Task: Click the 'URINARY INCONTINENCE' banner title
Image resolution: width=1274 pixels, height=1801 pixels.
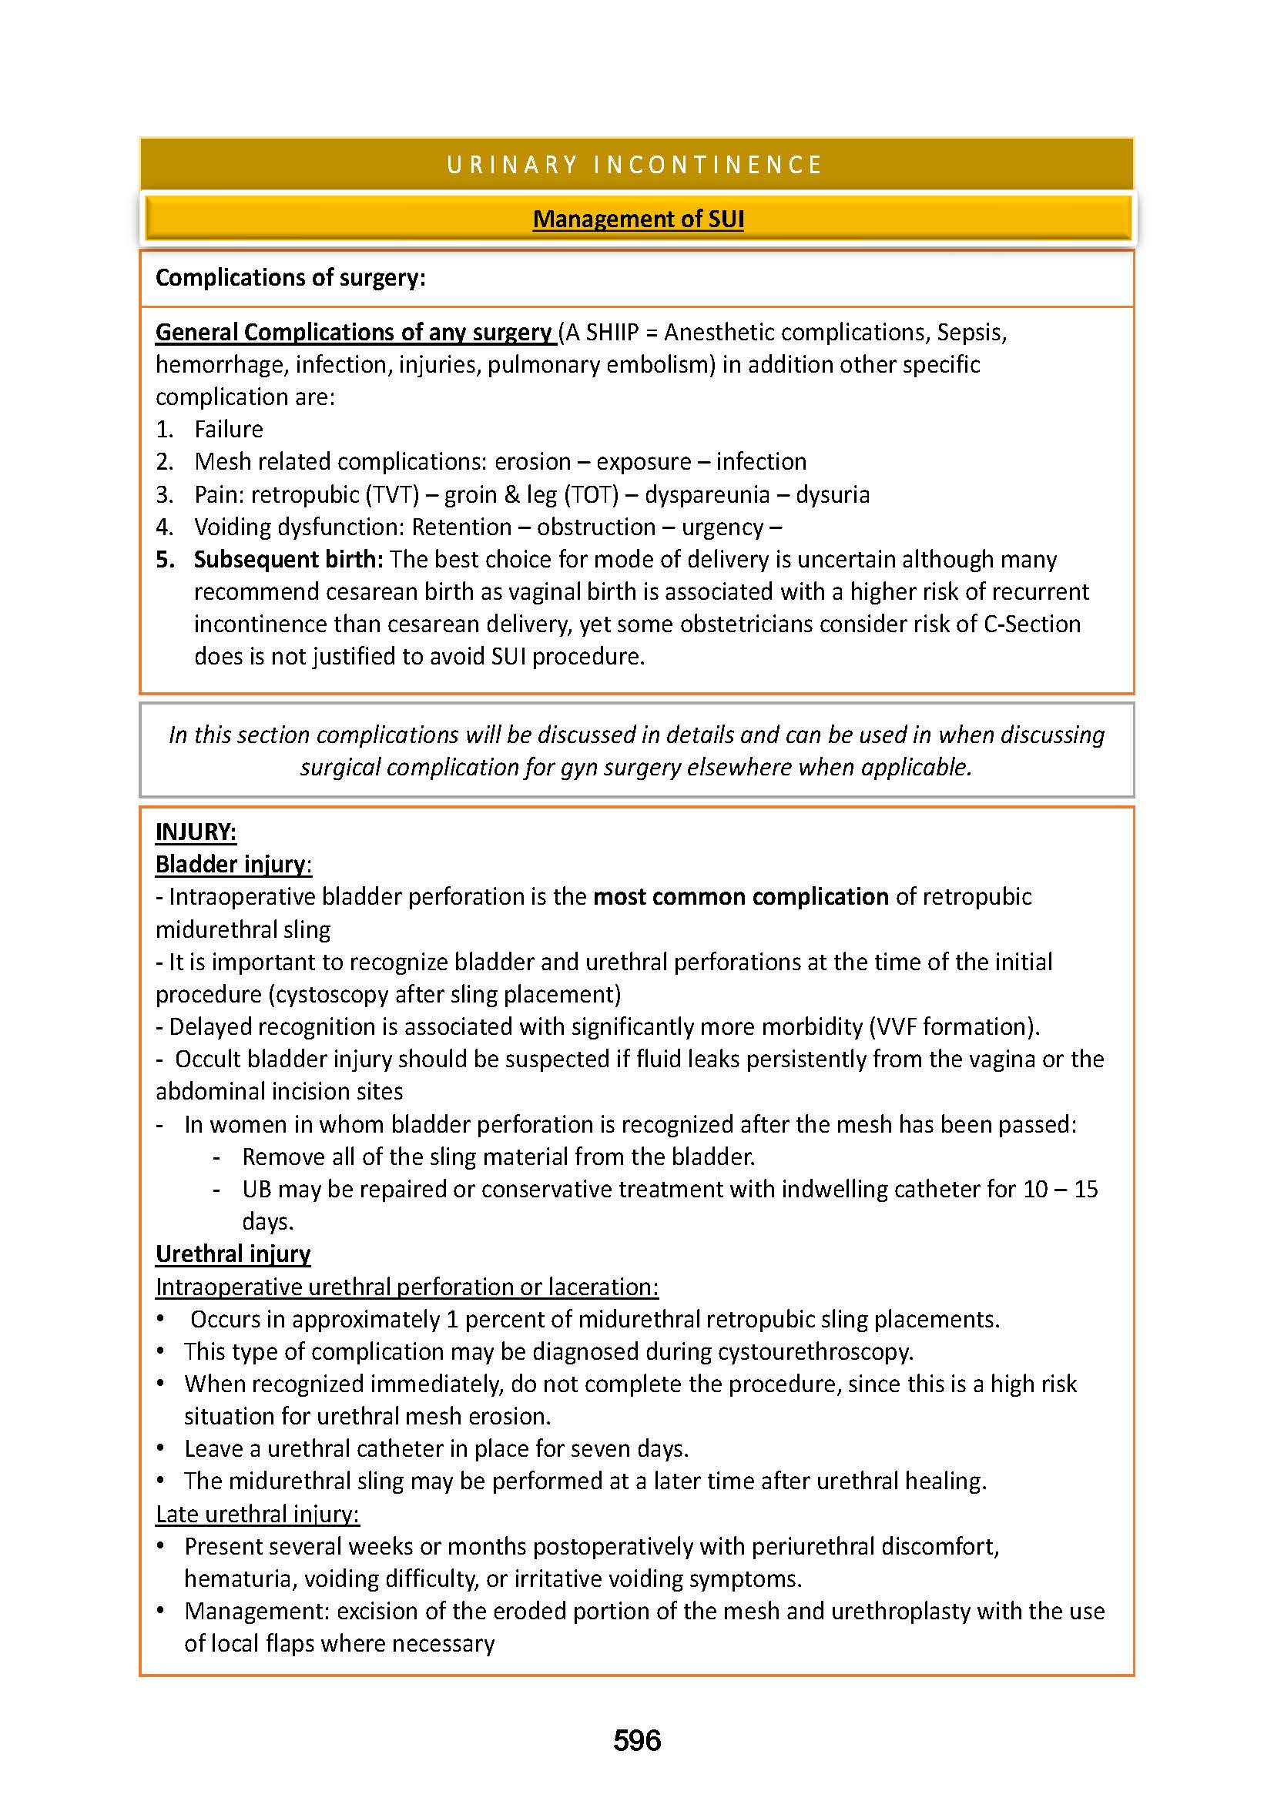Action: tap(635, 165)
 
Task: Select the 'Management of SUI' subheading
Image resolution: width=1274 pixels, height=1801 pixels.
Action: tap(638, 219)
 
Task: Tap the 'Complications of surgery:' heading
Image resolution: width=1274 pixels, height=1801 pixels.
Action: tap(290, 278)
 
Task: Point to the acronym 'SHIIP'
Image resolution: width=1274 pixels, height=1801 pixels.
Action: tap(612, 333)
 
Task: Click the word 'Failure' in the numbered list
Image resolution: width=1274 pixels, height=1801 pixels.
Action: tap(228, 429)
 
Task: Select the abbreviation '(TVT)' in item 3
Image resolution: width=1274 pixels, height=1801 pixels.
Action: tap(389, 494)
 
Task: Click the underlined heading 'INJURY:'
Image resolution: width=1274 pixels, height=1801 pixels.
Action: tap(196, 832)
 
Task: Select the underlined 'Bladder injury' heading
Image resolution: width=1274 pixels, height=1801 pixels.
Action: tap(230, 865)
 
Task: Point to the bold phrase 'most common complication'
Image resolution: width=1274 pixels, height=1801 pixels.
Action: tap(740, 896)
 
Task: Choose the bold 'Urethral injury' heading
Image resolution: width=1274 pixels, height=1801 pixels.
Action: tap(233, 1254)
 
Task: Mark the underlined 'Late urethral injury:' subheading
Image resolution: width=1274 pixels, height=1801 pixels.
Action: tap(257, 1514)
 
